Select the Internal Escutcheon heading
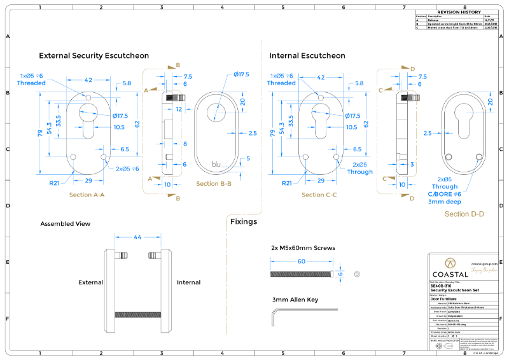coord(307,56)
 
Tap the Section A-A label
coord(86,195)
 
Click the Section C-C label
coord(323,195)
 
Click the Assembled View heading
coord(65,224)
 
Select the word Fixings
coord(244,222)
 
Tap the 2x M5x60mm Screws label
coord(303,248)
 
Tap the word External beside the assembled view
coord(91,282)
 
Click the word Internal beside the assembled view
coord(188,282)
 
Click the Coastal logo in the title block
coord(449,268)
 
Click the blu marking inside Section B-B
coord(218,164)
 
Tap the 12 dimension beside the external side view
coord(179,109)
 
